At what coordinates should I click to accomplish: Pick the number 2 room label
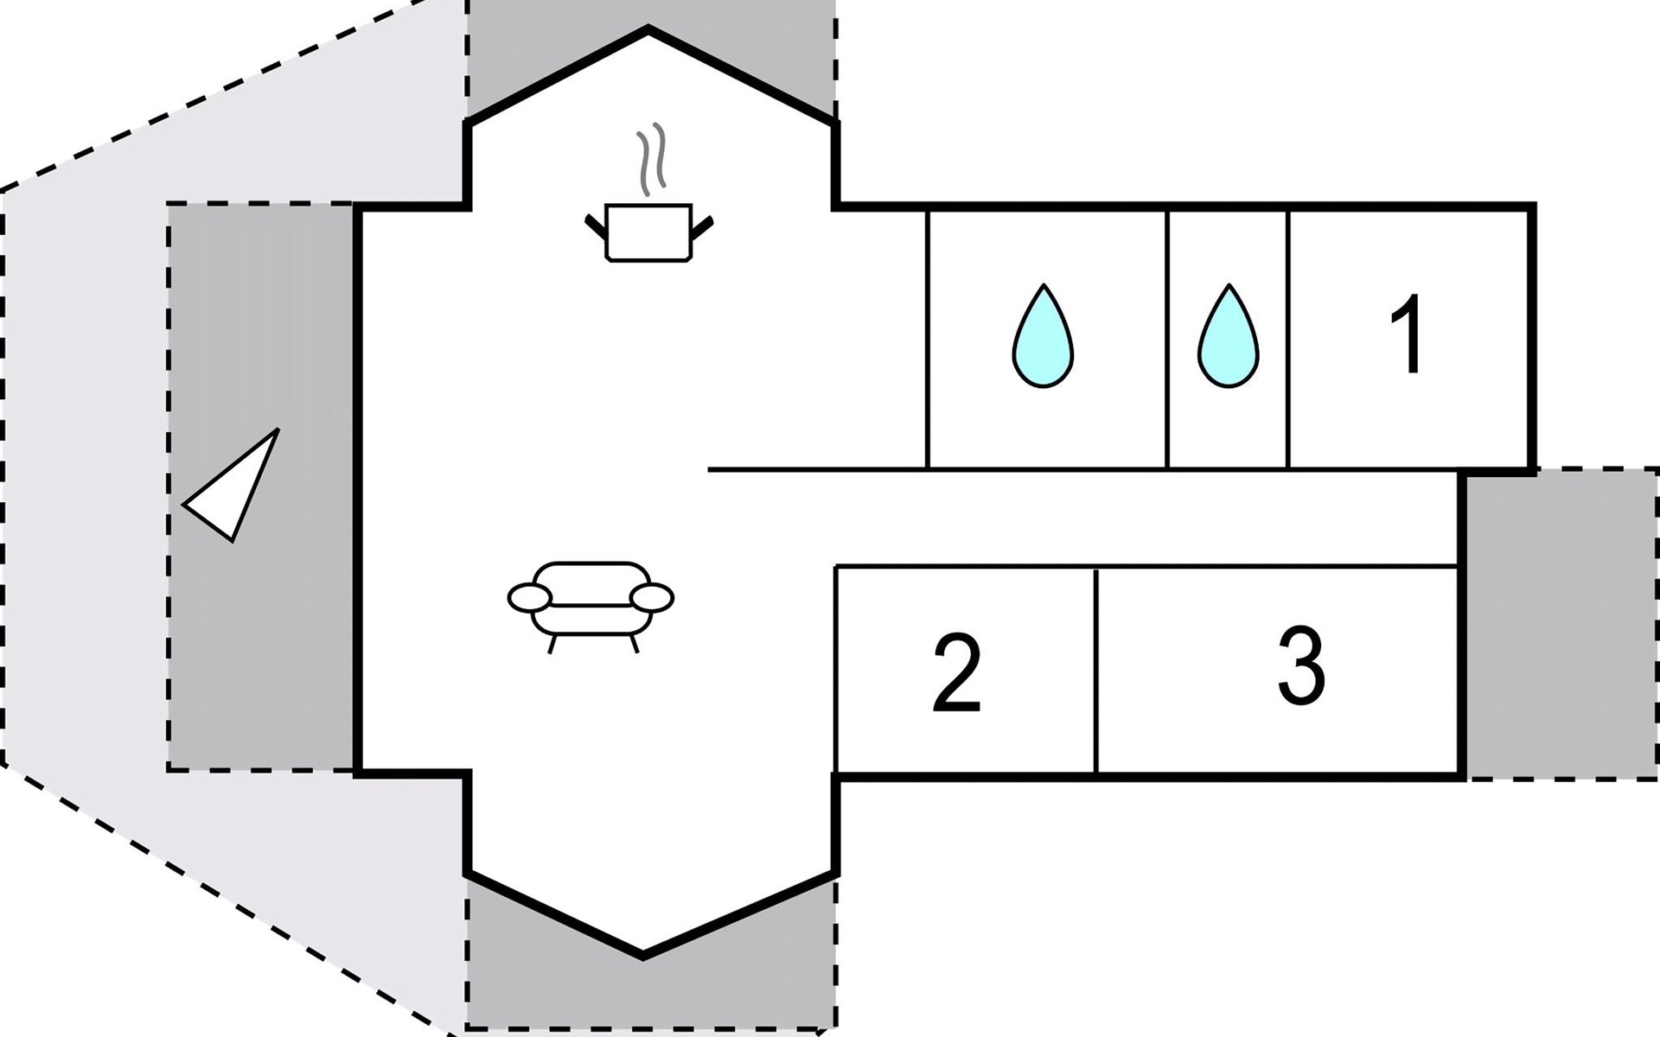[x=957, y=673]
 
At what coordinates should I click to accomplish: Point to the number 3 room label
[x=1301, y=666]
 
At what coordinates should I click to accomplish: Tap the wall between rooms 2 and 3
[x=1095, y=671]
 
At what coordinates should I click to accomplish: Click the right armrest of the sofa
[x=652, y=597]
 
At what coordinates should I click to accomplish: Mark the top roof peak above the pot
[x=648, y=31]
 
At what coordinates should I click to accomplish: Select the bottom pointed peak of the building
[x=643, y=956]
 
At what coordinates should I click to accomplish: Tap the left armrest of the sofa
[x=529, y=597]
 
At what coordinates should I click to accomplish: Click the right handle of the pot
[x=703, y=226]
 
